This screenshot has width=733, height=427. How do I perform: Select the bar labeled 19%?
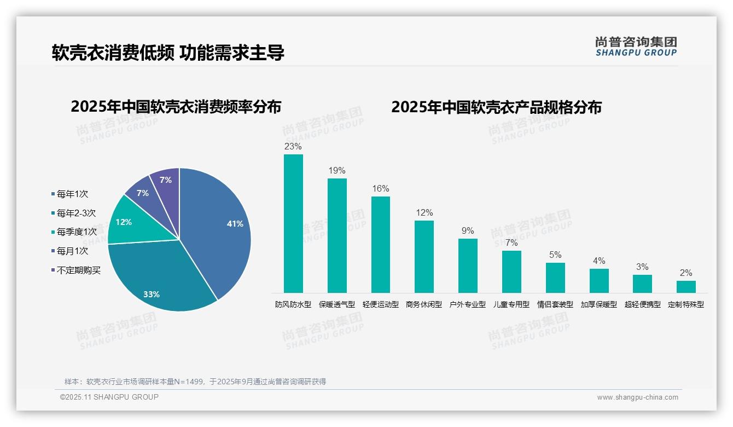click(x=337, y=235)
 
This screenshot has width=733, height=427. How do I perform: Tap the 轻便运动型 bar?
click(x=381, y=245)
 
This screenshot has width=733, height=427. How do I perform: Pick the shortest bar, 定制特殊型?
click(x=686, y=287)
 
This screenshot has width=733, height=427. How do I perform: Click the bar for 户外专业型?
click(x=468, y=266)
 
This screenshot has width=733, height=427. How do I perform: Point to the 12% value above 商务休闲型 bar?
click(x=424, y=212)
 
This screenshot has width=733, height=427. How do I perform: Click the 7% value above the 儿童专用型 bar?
click(x=511, y=243)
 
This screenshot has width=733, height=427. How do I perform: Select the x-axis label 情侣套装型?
click(x=555, y=305)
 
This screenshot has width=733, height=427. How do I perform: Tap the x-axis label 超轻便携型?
click(x=642, y=305)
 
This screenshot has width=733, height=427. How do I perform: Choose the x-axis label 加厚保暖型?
click(x=598, y=305)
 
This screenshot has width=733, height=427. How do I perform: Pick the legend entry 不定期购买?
click(x=78, y=270)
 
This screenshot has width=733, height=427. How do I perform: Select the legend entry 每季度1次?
click(x=77, y=232)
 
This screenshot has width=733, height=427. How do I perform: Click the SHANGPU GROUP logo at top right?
click(x=636, y=47)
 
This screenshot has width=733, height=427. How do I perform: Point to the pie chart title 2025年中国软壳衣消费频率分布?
click(x=176, y=107)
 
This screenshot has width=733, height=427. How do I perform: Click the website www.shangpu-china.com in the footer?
click(x=637, y=397)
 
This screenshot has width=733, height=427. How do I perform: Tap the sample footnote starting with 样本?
click(x=195, y=382)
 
